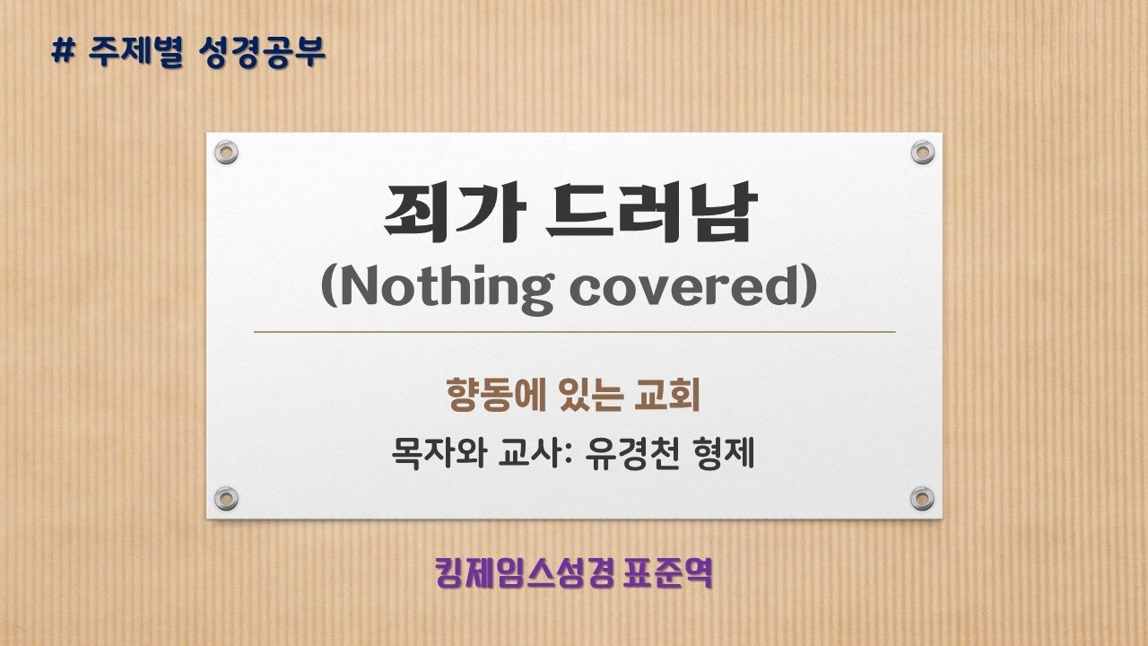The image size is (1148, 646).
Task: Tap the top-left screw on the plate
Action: point(226,152)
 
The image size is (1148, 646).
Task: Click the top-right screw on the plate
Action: point(922,152)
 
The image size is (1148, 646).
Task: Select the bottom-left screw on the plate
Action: point(226,497)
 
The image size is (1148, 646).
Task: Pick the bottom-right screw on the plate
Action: point(922,497)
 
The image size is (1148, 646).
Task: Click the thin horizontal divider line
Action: point(574,332)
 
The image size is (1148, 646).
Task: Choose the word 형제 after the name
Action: point(721,453)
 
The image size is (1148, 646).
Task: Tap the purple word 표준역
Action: point(669,572)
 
